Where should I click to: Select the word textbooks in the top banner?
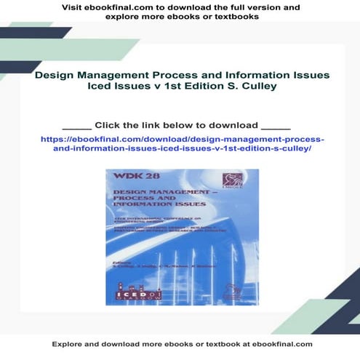coord(236,17)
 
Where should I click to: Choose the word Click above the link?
coord(109,124)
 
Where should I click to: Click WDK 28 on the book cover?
coord(124,178)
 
